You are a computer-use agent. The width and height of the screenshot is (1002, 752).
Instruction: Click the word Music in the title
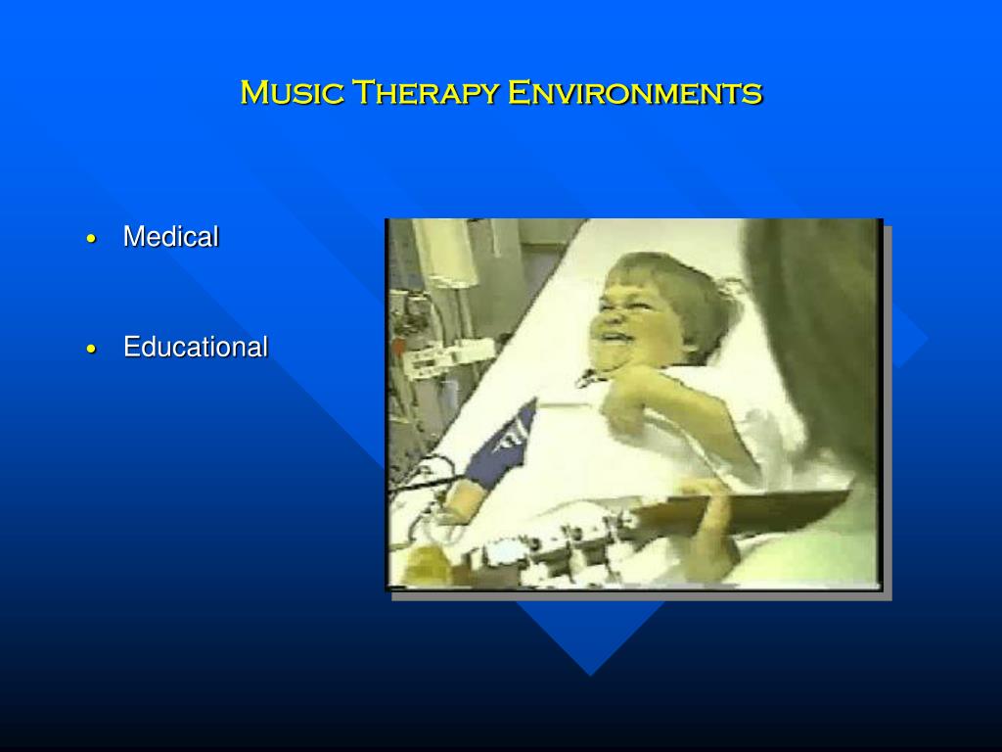(292, 93)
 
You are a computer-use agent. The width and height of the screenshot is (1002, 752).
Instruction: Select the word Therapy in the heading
(426, 93)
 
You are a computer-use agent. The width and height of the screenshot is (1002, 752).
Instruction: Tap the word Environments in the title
(635, 93)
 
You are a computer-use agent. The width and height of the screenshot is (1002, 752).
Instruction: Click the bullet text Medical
(170, 237)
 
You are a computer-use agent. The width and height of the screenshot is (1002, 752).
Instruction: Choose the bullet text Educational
(196, 348)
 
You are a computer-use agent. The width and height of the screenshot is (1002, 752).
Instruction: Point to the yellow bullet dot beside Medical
(91, 239)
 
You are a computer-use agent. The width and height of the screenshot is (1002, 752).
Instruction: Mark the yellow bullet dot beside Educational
(91, 350)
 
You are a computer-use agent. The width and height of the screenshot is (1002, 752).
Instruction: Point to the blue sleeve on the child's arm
(502, 442)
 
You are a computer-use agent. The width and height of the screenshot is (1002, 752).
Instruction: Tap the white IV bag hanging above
(447, 253)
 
